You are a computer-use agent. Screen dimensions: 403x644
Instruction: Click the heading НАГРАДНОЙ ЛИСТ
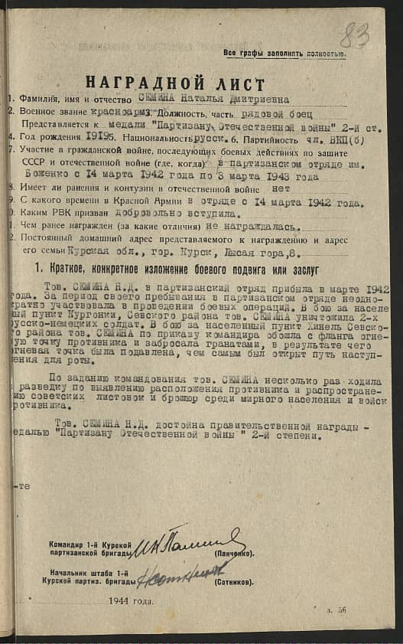coord(175,83)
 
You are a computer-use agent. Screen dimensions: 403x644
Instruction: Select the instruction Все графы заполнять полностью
coord(284,53)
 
